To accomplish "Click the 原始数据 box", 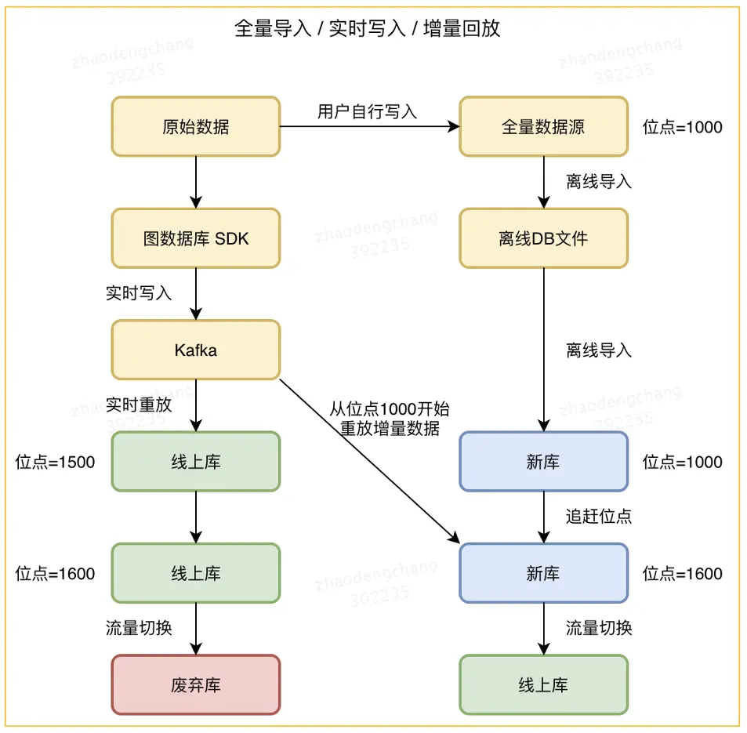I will tap(195, 126).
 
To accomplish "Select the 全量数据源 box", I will tap(543, 126).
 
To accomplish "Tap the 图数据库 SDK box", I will tap(195, 238).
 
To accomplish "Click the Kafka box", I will tap(195, 350).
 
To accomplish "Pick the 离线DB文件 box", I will tap(543, 238).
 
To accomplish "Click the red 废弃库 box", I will tap(195, 685).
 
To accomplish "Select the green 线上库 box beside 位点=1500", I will tap(195, 462).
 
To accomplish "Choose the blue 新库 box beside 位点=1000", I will tap(543, 462).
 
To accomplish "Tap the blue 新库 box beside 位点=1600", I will tap(543, 573).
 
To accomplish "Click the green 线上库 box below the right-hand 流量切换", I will tap(543, 685).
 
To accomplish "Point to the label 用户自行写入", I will tap(367, 111).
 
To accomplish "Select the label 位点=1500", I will tap(55, 462).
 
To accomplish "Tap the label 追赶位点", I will tap(599, 516).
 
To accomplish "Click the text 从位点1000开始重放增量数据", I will tap(390, 419).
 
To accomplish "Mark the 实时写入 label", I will tap(139, 293).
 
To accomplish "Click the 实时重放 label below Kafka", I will tap(139, 405).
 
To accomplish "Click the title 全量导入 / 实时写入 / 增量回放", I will tap(368, 29).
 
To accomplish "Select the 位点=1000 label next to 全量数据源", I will tap(682, 127).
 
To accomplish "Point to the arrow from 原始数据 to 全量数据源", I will tap(368, 126).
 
